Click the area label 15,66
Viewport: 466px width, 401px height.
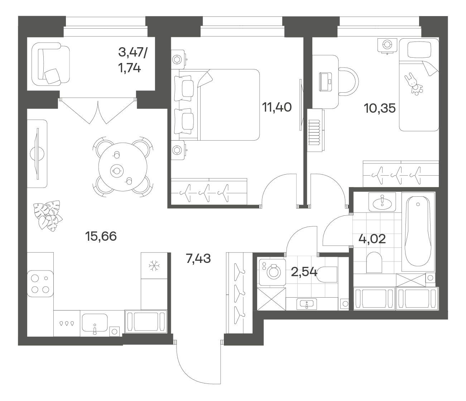(101, 236)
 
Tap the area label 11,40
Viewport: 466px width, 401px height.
(277, 107)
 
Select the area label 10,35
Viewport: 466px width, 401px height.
(380, 108)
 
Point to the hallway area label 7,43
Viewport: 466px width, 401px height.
(198, 258)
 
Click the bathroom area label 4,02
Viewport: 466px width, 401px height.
(372, 239)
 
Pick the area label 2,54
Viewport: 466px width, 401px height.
(304, 272)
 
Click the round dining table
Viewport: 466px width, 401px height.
(123, 167)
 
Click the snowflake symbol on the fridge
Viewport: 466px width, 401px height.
(154, 266)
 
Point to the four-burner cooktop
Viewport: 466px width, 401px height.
(40, 284)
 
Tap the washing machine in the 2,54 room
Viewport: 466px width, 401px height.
(272, 272)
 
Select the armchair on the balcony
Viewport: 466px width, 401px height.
(51, 64)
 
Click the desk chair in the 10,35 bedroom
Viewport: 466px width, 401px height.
(349, 82)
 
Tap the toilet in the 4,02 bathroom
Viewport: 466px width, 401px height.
(374, 262)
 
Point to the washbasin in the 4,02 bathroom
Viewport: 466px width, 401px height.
(382, 202)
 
